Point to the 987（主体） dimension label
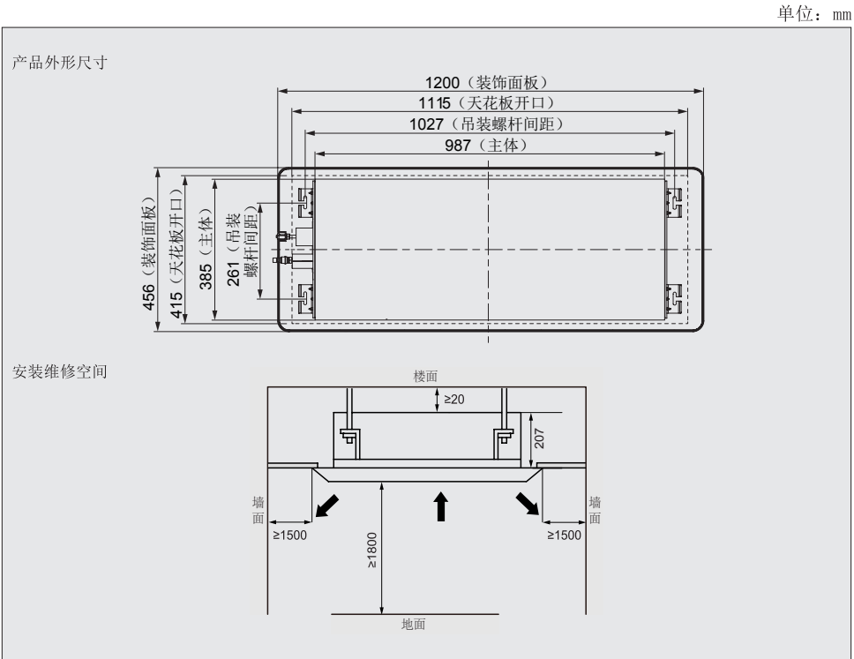point(486,145)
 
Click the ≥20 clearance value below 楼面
point(454,399)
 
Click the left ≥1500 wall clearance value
point(289,535)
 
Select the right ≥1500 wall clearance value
point(565,535)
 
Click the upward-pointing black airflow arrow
point(440,506)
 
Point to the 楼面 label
point(425,376)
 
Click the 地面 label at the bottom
point(414,623)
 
